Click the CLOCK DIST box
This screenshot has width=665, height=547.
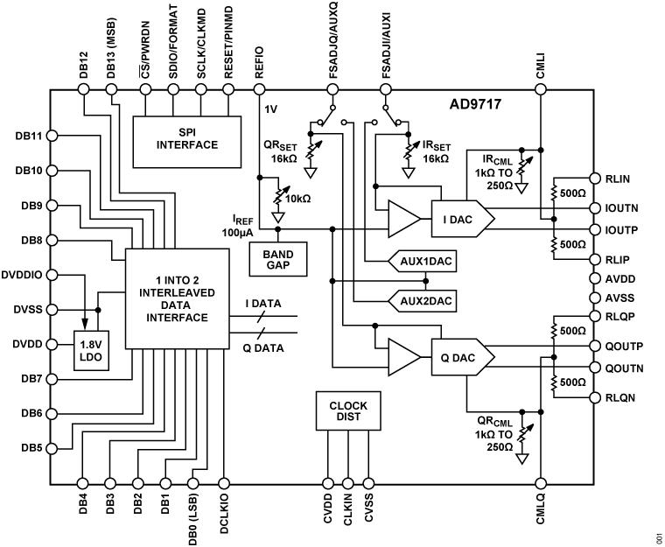click(x=348, y=412)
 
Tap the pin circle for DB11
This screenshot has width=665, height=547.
click(x=51, y=136)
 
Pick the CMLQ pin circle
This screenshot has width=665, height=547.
click(x=539, y=481)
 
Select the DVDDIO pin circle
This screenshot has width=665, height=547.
click(x=51, y=274)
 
